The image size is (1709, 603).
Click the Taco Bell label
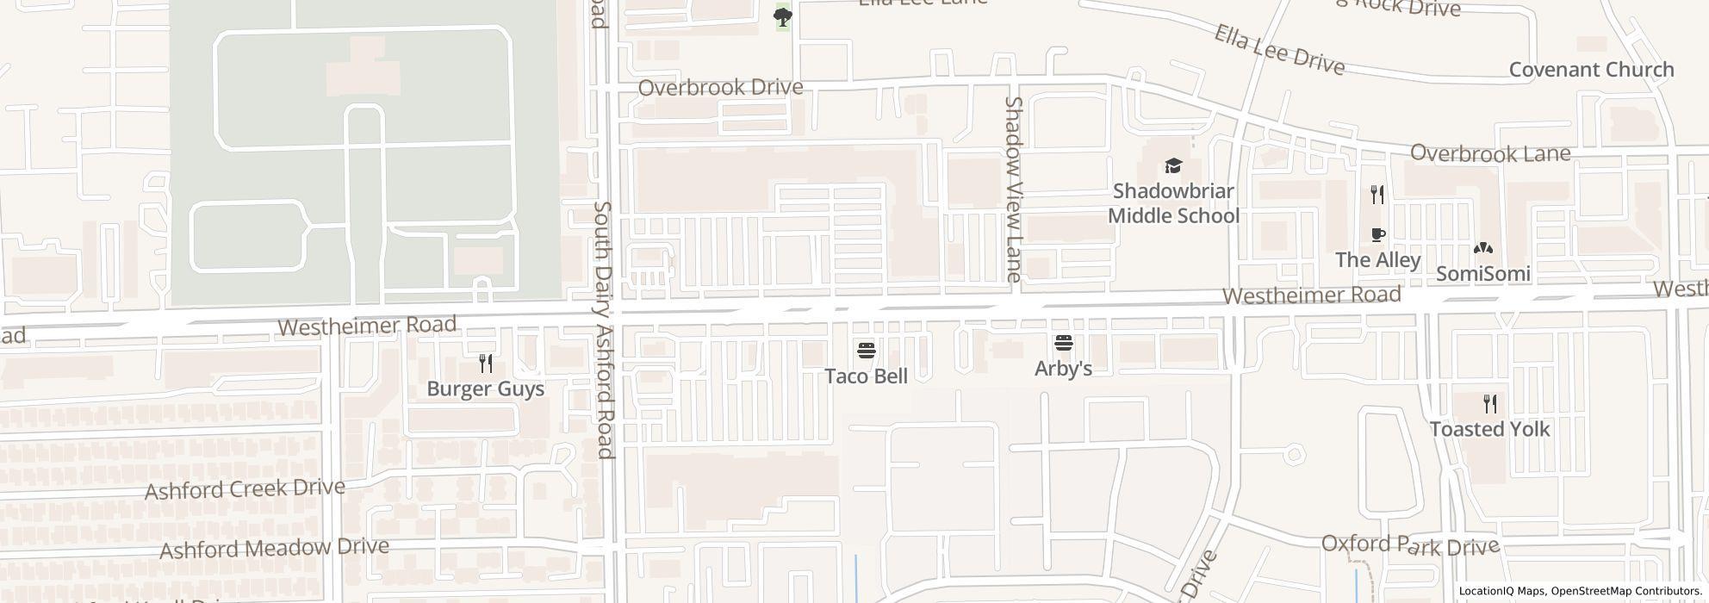[866, 376]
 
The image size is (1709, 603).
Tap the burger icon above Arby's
[1064, 344]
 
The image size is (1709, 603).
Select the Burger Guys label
[486, 389]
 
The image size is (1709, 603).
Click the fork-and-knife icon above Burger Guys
[486, 364]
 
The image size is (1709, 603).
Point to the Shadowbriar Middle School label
[1173, 203]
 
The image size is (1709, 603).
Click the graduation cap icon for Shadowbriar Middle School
[1172, 165]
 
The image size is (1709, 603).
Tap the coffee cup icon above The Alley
[1378, 234]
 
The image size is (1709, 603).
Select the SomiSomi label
[1483, 274]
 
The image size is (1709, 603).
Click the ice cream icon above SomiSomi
[1483, 249]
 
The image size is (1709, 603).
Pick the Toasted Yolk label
[1490, 429]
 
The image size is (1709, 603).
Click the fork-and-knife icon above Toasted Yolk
[1490, 403]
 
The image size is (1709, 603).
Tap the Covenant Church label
[1591, 70]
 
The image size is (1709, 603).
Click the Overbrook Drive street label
[720, 87]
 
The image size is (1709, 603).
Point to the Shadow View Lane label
[1014, 190]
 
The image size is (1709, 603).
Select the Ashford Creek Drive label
[245, 488]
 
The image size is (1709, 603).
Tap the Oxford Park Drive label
[1410, 545]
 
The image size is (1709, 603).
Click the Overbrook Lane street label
[1501, 154]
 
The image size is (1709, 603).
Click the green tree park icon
[782, 16]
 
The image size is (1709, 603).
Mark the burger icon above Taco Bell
[867, 351]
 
